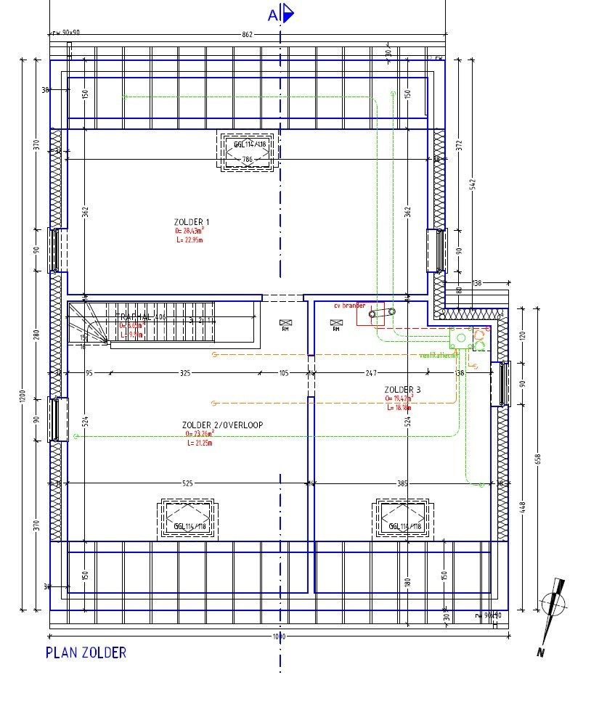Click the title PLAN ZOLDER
pyautogui.click(x=86, y=652)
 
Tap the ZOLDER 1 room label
pyautogui.click(x=192, y=221)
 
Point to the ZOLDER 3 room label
pyautogui.click(x=402, y=390)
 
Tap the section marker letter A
pyautogui.click(x=273, y=15)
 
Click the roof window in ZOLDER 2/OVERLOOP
pyautogui.click(x=187, y=519)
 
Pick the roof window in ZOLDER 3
pyautogui.click(x=402, y=519)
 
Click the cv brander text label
pyautogui.click(x=349, y=306)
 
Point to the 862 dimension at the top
pyautogui.click(x=247, y=35)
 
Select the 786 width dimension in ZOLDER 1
pyautogui.click(x=247, y=160)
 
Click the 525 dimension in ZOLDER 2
pyautogui.click(x=187, y=483)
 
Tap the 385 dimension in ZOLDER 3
pyautogui.click(x=403, y=483)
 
